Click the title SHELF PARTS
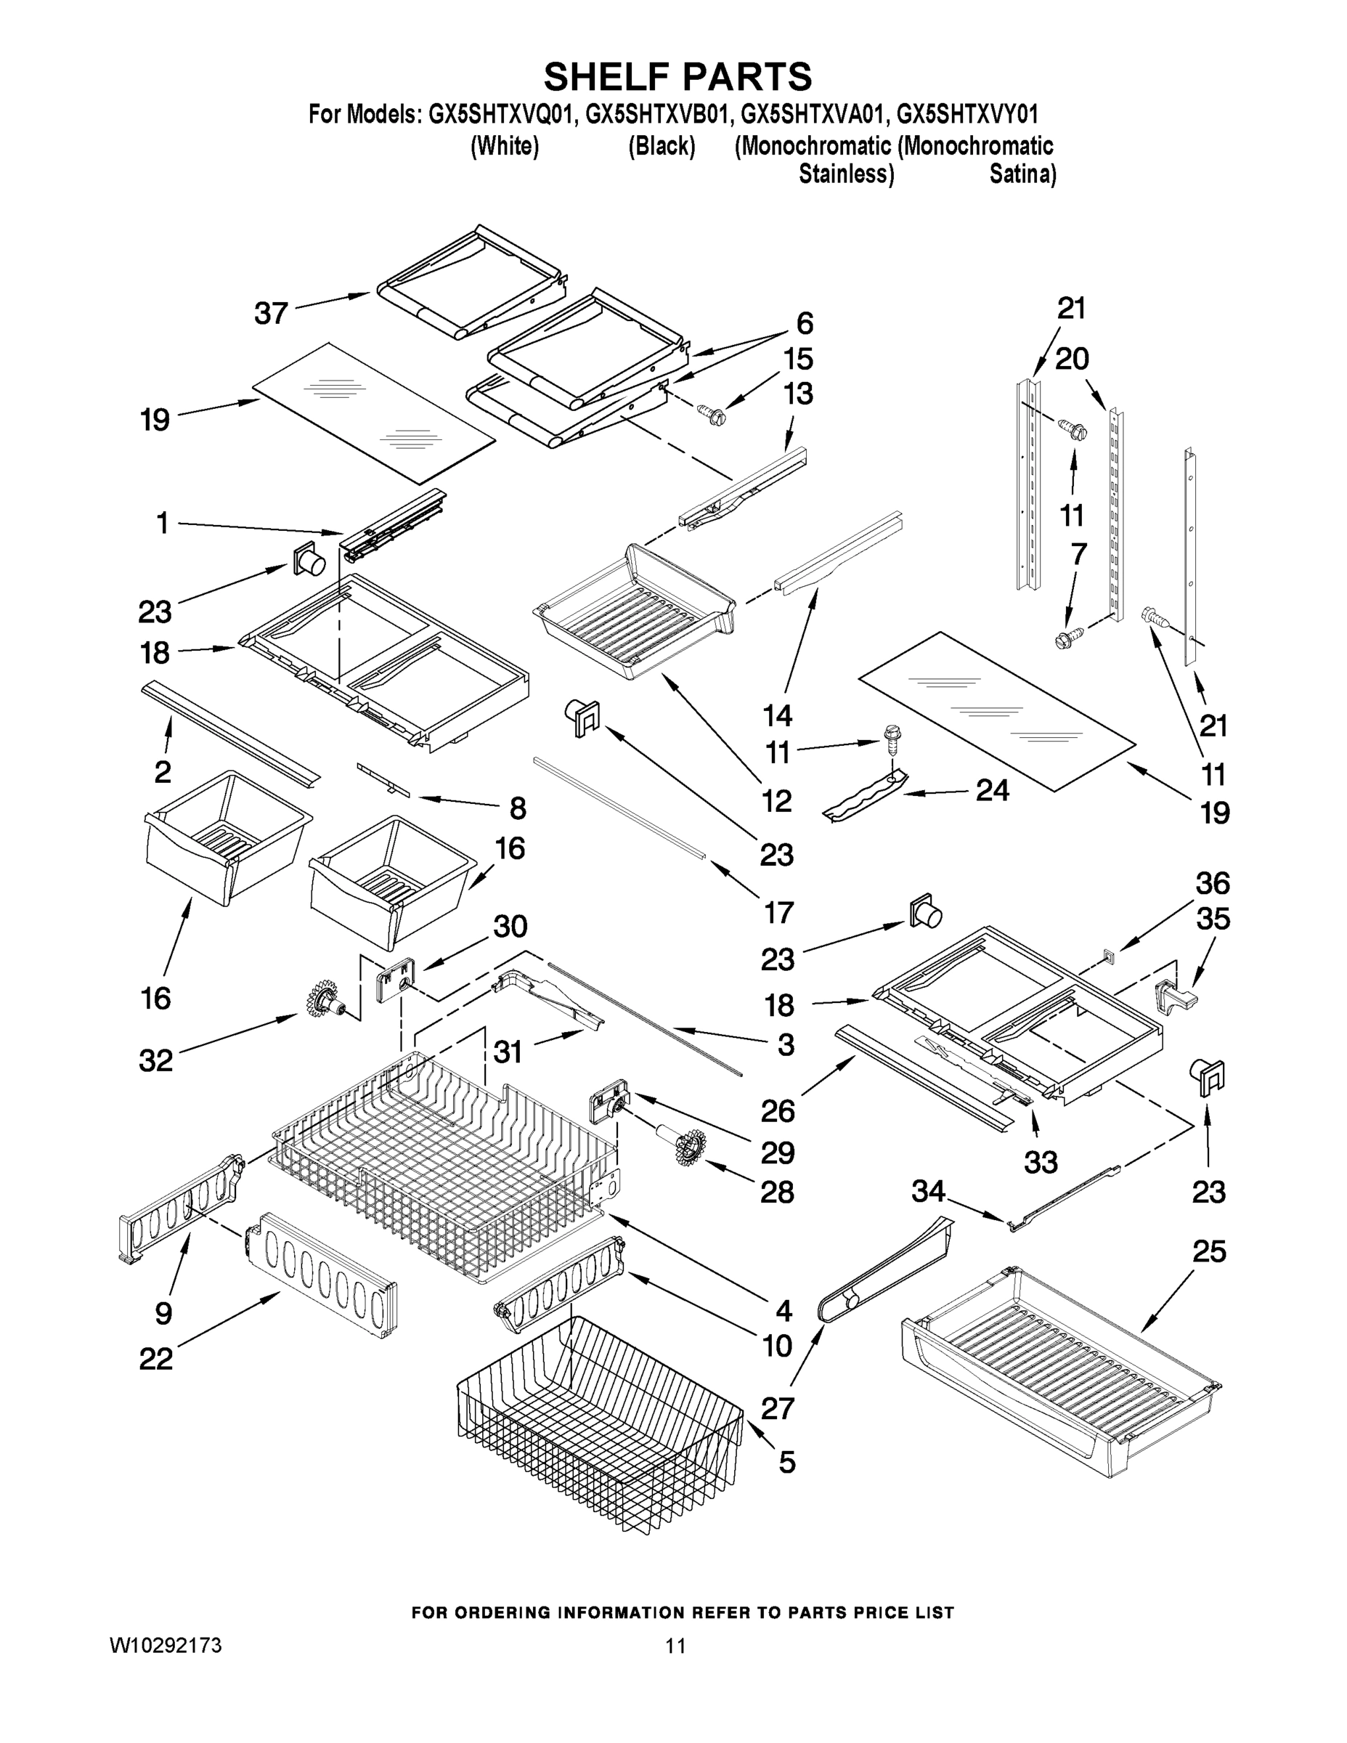click(x=677, y=78)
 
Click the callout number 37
click(x=271, y=313)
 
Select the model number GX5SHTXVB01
click(x=656, y=115)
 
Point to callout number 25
click(x=1208, y=1251)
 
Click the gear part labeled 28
click(x=683, y=1147)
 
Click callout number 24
click(x=992, y=790)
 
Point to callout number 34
click(x=928, y=1193)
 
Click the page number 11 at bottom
click(x=675, y=1646)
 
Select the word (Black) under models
click(x=662, y=147)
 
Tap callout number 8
click(x=517, y=808)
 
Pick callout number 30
click(x=509, y=927)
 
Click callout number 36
click(x=1212, y=883)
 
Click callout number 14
click(x=776, y=715)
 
